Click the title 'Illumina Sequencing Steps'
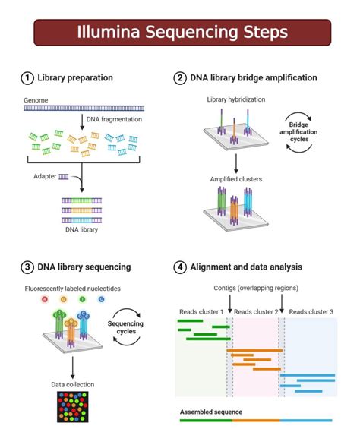coord(182,33)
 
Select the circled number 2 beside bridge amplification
coord(180,77)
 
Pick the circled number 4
coord(180,267)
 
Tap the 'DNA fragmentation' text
coord(115,118)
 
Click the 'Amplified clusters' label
coord(236,179)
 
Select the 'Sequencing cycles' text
coord(125,327)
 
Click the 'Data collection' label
coord(73,386)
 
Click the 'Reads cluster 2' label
coord(256,312)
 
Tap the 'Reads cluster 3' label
coord(311,312)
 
